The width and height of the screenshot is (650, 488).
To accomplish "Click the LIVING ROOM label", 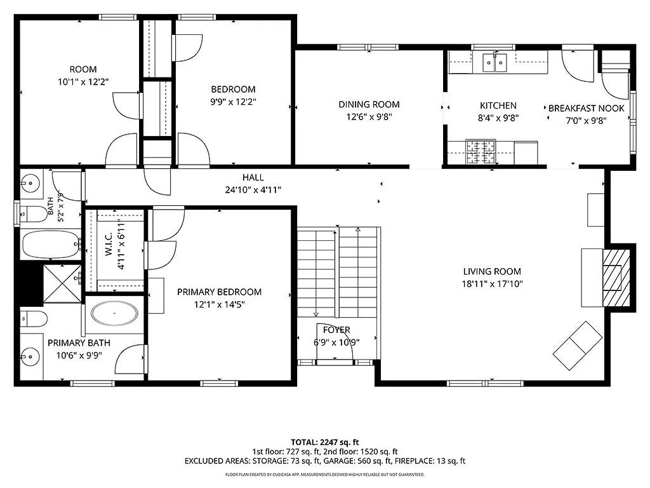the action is pos(492,271).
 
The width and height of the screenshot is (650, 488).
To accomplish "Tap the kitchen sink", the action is pos(494,63).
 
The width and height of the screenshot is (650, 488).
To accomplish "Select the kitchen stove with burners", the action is pos(481,152).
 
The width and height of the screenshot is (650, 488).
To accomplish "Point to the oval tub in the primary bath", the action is pos(114,313).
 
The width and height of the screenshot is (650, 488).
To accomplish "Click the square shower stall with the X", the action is pos(63,284).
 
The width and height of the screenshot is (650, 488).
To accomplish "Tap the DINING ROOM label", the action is pos(369,105).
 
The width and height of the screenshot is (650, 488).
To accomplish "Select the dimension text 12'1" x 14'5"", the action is pos(219,304).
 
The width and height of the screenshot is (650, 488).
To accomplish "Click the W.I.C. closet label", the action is pos(109,244).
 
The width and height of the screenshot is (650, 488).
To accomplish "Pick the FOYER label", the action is pos(336,330).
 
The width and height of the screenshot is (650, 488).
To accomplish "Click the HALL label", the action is pos(253,178).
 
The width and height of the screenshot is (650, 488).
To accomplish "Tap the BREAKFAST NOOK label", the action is pos(586,108).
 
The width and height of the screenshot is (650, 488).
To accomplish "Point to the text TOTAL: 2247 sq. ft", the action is pos(324,442).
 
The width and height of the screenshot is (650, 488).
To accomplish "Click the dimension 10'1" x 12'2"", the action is pos(83,82).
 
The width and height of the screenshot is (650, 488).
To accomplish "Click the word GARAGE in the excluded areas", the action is pos(340,461).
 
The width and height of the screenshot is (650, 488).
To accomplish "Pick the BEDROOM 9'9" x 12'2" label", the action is pos(233,95).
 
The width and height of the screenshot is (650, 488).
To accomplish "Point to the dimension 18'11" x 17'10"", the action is pos(492,284).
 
